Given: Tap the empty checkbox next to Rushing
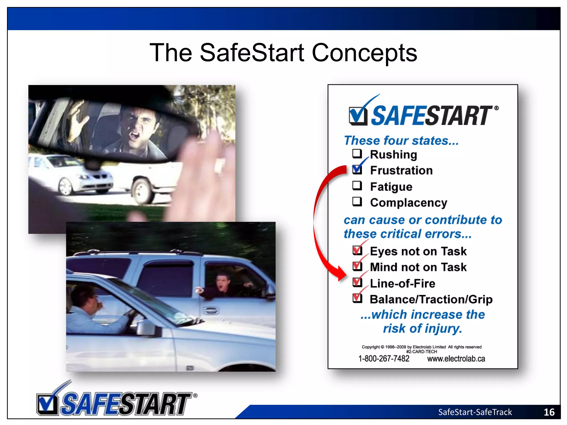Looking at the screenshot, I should tap(357, 154).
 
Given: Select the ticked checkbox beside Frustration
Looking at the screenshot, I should tap(357, 169).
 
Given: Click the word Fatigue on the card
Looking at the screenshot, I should tap(391, 187).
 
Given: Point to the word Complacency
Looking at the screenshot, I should tap(408, 203).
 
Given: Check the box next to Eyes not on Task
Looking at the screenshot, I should tap(357, 250).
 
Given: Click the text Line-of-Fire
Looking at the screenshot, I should tap(402, 283).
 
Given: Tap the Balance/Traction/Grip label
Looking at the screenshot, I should tap(431, 299).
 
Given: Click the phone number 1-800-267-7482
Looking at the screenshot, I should tap(383, 359).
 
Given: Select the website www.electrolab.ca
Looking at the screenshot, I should tap(456, 359).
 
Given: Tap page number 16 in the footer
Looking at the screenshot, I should tap(549, 412).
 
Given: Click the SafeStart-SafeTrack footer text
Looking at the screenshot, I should tap(475, 412).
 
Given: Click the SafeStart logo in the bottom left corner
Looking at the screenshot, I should tap(116, 401).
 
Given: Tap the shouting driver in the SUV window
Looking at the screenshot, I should tap(224, 285).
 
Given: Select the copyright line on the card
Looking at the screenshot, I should tap(421, 347).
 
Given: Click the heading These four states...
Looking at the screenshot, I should tap(401, 141).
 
